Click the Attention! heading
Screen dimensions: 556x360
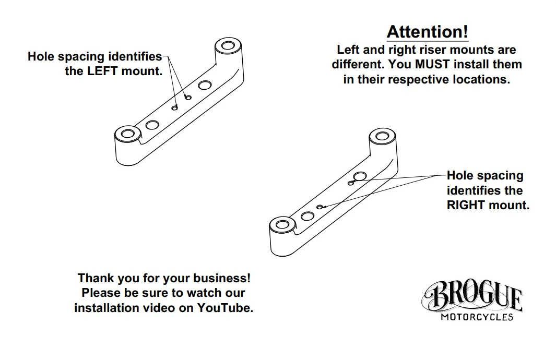pyautogui.click(x=427, y=31)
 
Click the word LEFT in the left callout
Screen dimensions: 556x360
pyautogui.click(x=102, y=71)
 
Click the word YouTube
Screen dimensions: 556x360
pyautogui.click(x=225, y=307)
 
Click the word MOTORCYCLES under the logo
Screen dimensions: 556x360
pyautogui.click(x=477, y=317)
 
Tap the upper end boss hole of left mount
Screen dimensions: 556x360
pyautogui.click(x=228, y=46)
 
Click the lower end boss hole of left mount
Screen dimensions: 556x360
pyautogui.click(x=128, y=134)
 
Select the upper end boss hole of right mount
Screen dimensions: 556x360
pyautogui.click(x=382, y=136)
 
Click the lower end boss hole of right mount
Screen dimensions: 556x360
pyautogui.click(x=282, y=224)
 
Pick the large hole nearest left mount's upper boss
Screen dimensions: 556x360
pyautogui.click(x=205, y=85)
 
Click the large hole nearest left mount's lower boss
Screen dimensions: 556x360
pyautogui.click(x=152, y=125)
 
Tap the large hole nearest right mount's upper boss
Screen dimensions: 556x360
pyautogui.click(x=360, y=176)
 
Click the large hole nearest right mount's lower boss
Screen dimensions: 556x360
pyautogui.click(x=307, y=216)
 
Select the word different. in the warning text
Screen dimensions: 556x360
pyautogui.click(x=358, y=65)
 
